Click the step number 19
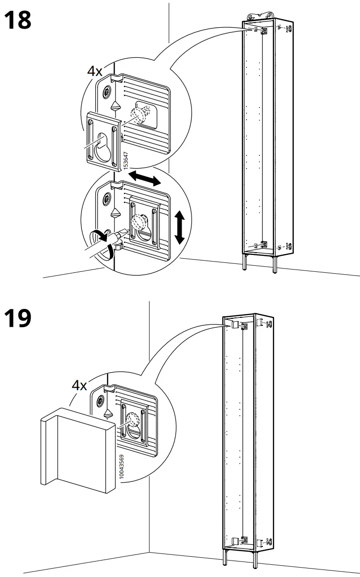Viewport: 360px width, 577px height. (18, 318)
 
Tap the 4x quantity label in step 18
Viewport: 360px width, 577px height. (95, 71)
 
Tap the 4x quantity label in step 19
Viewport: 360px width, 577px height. (79, 385)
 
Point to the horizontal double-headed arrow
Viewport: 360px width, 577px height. (145, 178)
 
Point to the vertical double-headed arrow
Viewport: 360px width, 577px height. (179, 227)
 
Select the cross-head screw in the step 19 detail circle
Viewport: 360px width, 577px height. (100, 401)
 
